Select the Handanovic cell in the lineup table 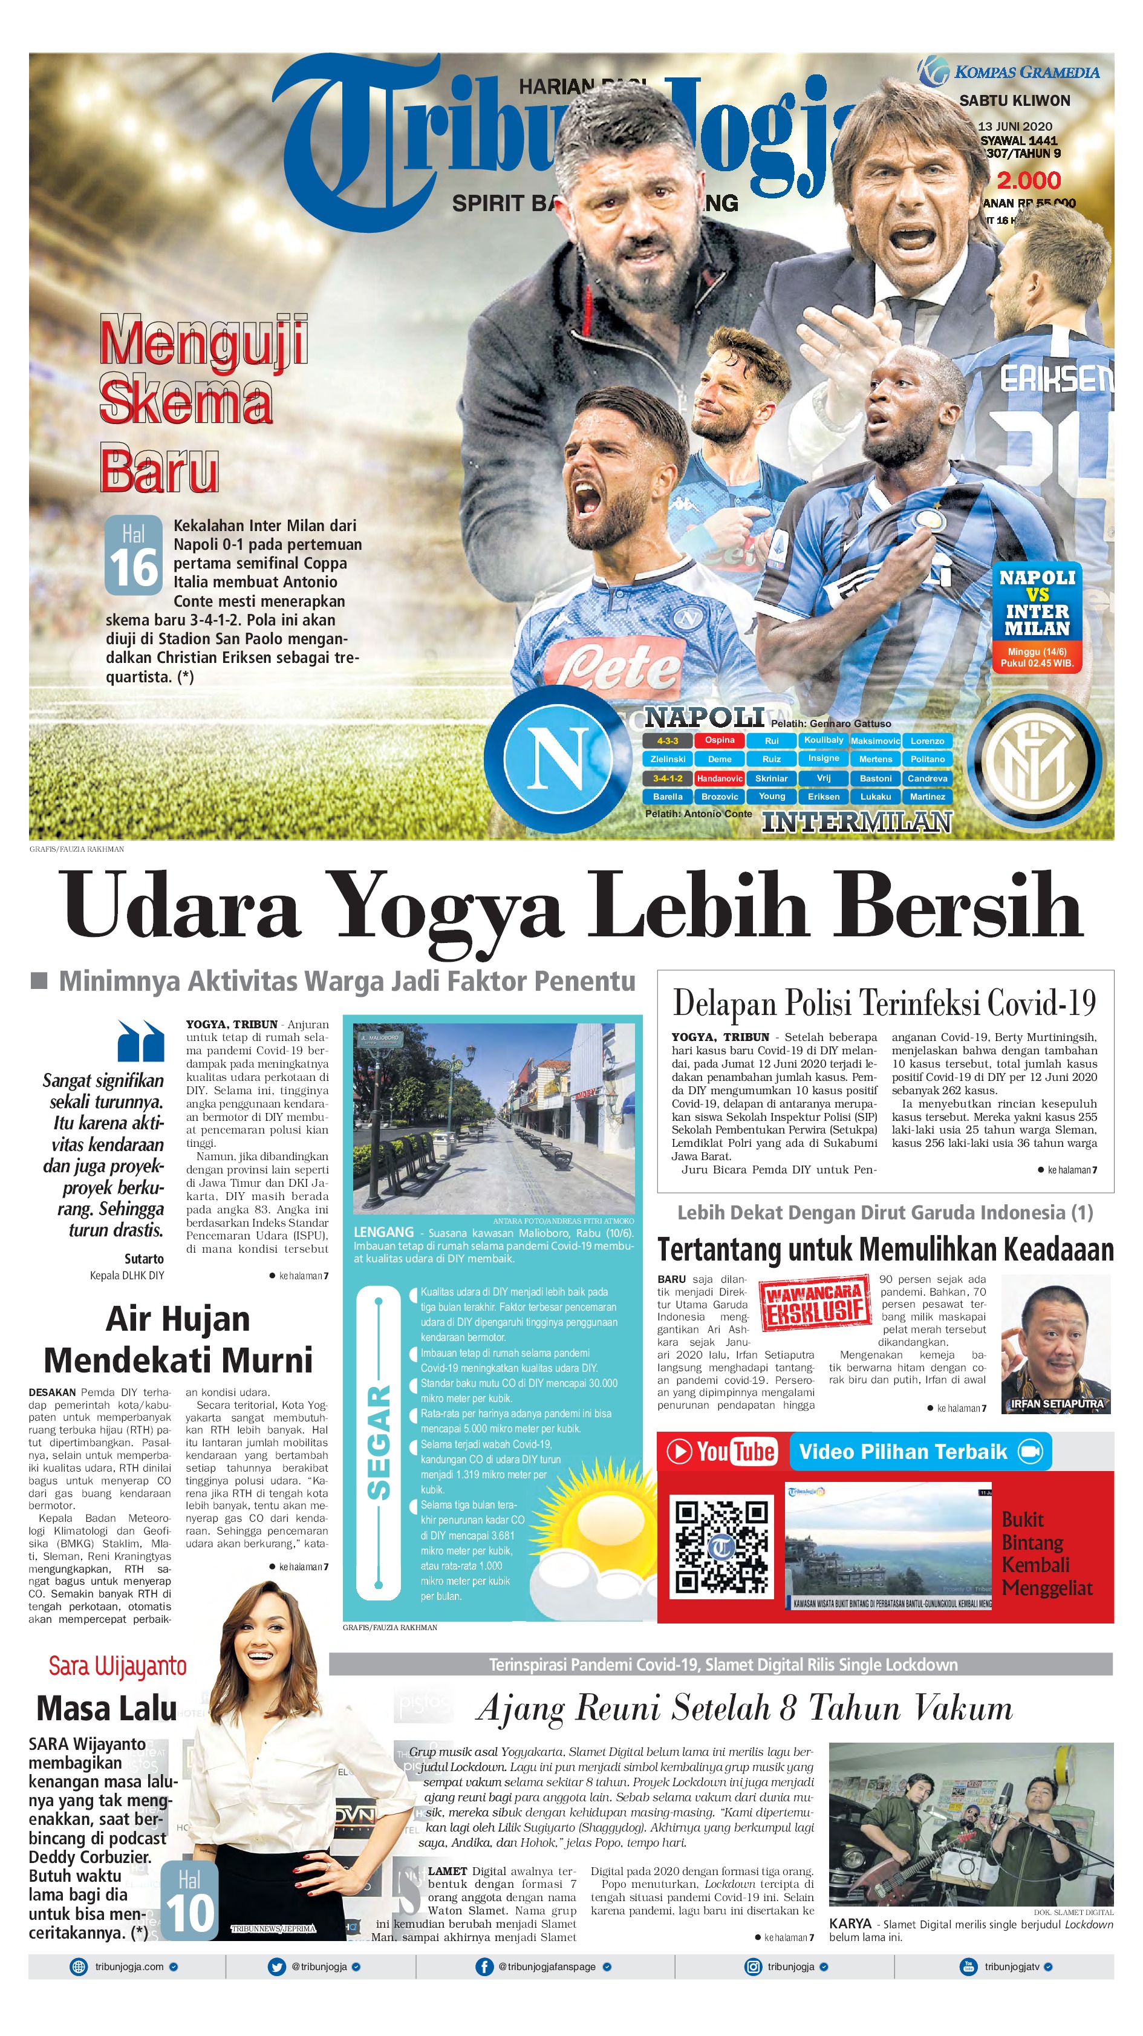719,778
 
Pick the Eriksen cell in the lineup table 824,797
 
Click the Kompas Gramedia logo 1009,72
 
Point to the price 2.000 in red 1027,180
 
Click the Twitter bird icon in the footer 276,1967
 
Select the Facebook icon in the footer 484,1967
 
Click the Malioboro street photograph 494,1118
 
